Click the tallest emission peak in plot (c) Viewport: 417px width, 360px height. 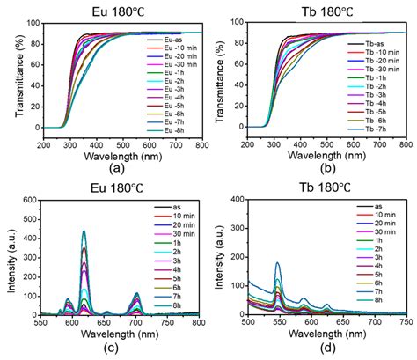[x=109, y=232]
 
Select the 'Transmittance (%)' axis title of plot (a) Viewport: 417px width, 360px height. [x=12, y=79]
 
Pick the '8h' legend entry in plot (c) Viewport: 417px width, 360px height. [x=172, y=312]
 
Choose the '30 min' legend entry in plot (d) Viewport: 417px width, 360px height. [x=373, y=241]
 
